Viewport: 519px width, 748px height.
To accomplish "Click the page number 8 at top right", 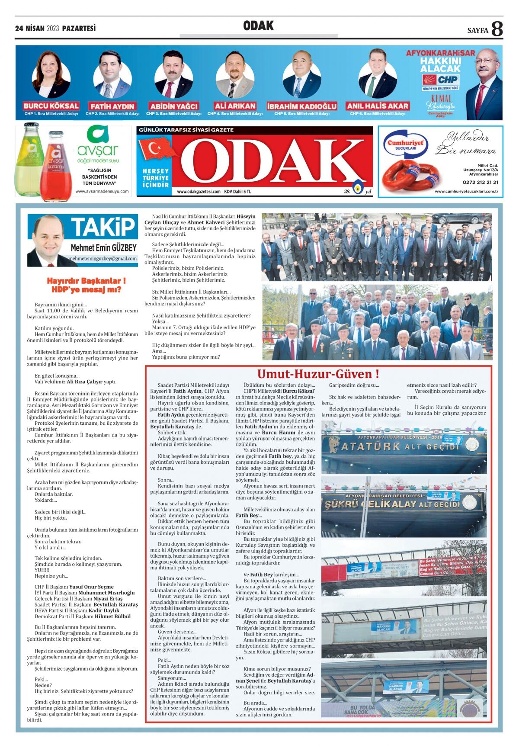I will click(497, 29).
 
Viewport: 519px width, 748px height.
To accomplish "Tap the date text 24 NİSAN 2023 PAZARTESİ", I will click(55, 29).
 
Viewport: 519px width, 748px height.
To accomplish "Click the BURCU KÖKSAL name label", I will click(51, 106).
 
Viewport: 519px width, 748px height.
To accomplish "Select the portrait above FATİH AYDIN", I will click(112, 74).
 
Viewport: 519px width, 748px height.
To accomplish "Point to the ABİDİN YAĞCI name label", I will click(173, 106).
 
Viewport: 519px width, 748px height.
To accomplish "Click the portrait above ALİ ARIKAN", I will click(235, 74).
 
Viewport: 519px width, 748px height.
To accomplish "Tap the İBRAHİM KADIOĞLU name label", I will click(301, 106).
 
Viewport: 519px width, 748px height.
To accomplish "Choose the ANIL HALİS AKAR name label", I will click(377, 106).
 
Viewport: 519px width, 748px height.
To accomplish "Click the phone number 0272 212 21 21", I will click(480, 183).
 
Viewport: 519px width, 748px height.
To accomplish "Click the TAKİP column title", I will click(103, 227).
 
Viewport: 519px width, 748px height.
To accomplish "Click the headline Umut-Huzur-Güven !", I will click(318, 374).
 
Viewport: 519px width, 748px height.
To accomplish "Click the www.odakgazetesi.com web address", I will click(199, 192).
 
